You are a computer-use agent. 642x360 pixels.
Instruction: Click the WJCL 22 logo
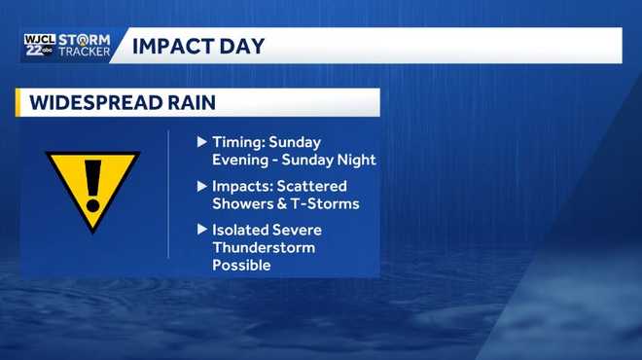(x=38, y=45)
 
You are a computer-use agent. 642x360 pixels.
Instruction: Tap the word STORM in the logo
(x=84, y=39)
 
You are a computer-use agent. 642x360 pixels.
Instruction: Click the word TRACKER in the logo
(x=84, y=52)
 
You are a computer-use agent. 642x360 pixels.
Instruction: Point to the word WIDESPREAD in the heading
(x=90, y=102)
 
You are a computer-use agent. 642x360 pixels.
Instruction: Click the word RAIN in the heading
(x=190, y=102)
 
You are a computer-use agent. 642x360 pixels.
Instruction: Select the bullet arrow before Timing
(x=202, y=142)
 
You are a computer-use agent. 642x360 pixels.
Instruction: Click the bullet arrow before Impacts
(x=202, y=186)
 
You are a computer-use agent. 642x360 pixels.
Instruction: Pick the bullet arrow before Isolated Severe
(x=202, y=230)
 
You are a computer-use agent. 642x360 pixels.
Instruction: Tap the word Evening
(x=240, y=160)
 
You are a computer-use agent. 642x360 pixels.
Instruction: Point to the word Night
(x=356, y=160)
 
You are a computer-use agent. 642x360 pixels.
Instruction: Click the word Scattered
(x=313, y=186)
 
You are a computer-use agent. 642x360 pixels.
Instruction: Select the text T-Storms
(x=325, y=203)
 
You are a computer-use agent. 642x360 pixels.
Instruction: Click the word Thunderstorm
(x=264, y=247)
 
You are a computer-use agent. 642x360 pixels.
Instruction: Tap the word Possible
(x=241, y=265)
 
